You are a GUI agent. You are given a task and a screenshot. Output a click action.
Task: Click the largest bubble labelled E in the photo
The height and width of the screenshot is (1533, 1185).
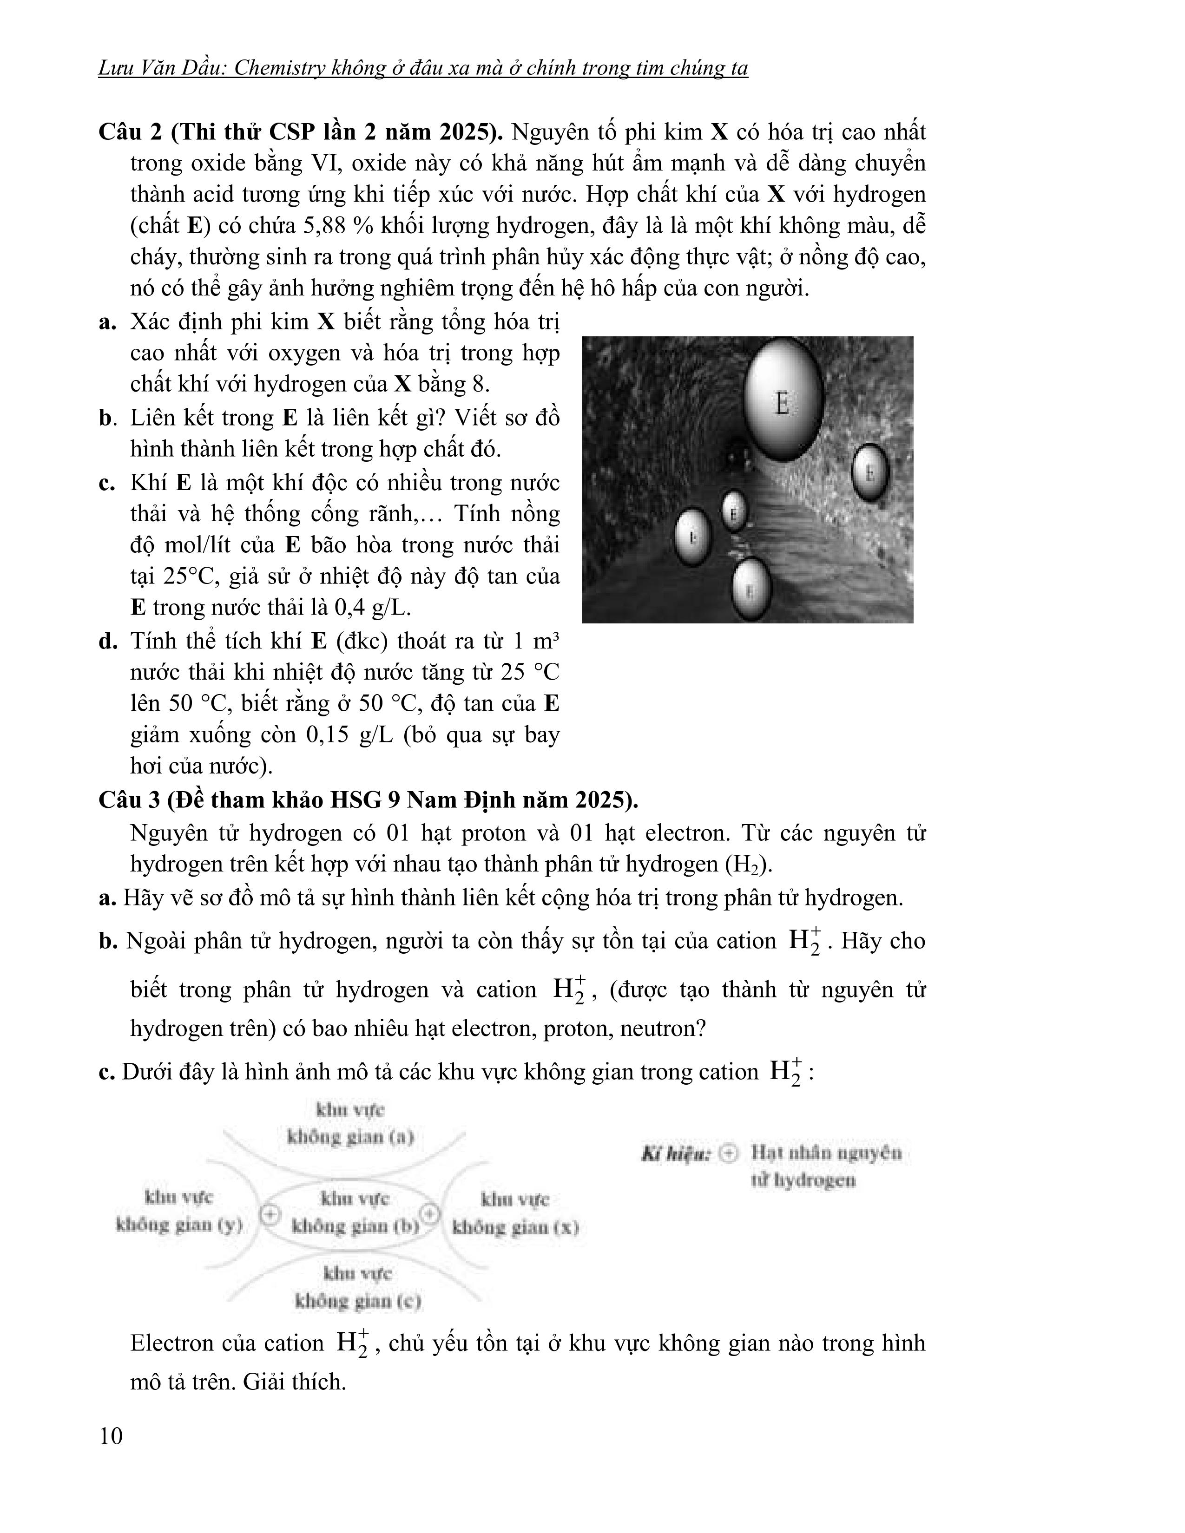point(782,400)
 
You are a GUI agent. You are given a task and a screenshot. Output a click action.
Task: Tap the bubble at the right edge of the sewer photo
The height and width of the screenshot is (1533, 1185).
point(870,472)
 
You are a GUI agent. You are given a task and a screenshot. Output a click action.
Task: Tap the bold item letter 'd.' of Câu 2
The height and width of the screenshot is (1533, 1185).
point(108,641)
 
